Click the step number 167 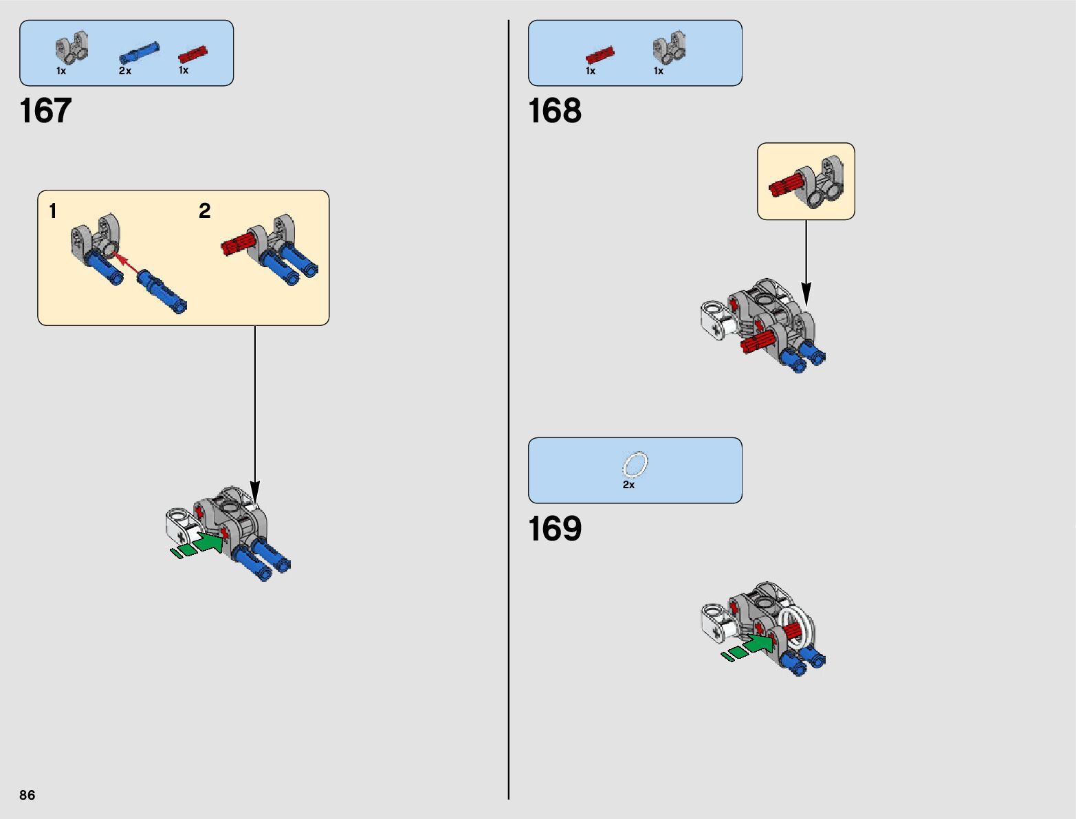pyautogui.click(x=45, y=111)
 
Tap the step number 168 pyautogui.click(x=554, y=111)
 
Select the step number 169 pyautogui.click(x=554, y=529)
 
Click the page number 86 pyautogui.click(x=27, y=795)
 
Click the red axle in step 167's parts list pyautogui.click(x=193, y=54)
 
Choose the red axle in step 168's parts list pyautogui.click(x=600, y=54)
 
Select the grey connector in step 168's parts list pyautogui.click(x=668, y=47)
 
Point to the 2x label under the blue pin pyautogui.click(x=124, y=71)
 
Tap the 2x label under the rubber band pyautogui.click(x=628, y=485)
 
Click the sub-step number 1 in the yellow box pyautogui.click(x=53, y=211)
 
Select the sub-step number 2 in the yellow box pyautogui.click(x=204, y=211)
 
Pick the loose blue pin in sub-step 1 pyautogui.click(x=162, y=292)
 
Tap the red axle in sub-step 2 pyautogui.click(x=239, y=243)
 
